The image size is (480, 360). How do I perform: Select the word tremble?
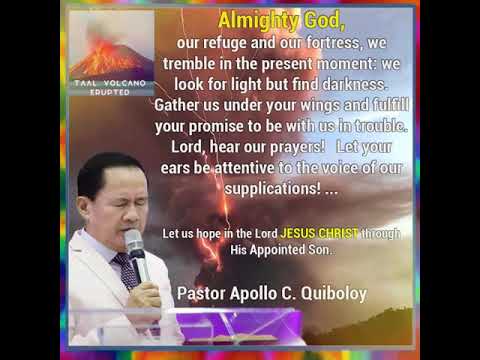pos(204,65)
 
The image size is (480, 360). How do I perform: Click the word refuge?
pos(229,44)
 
